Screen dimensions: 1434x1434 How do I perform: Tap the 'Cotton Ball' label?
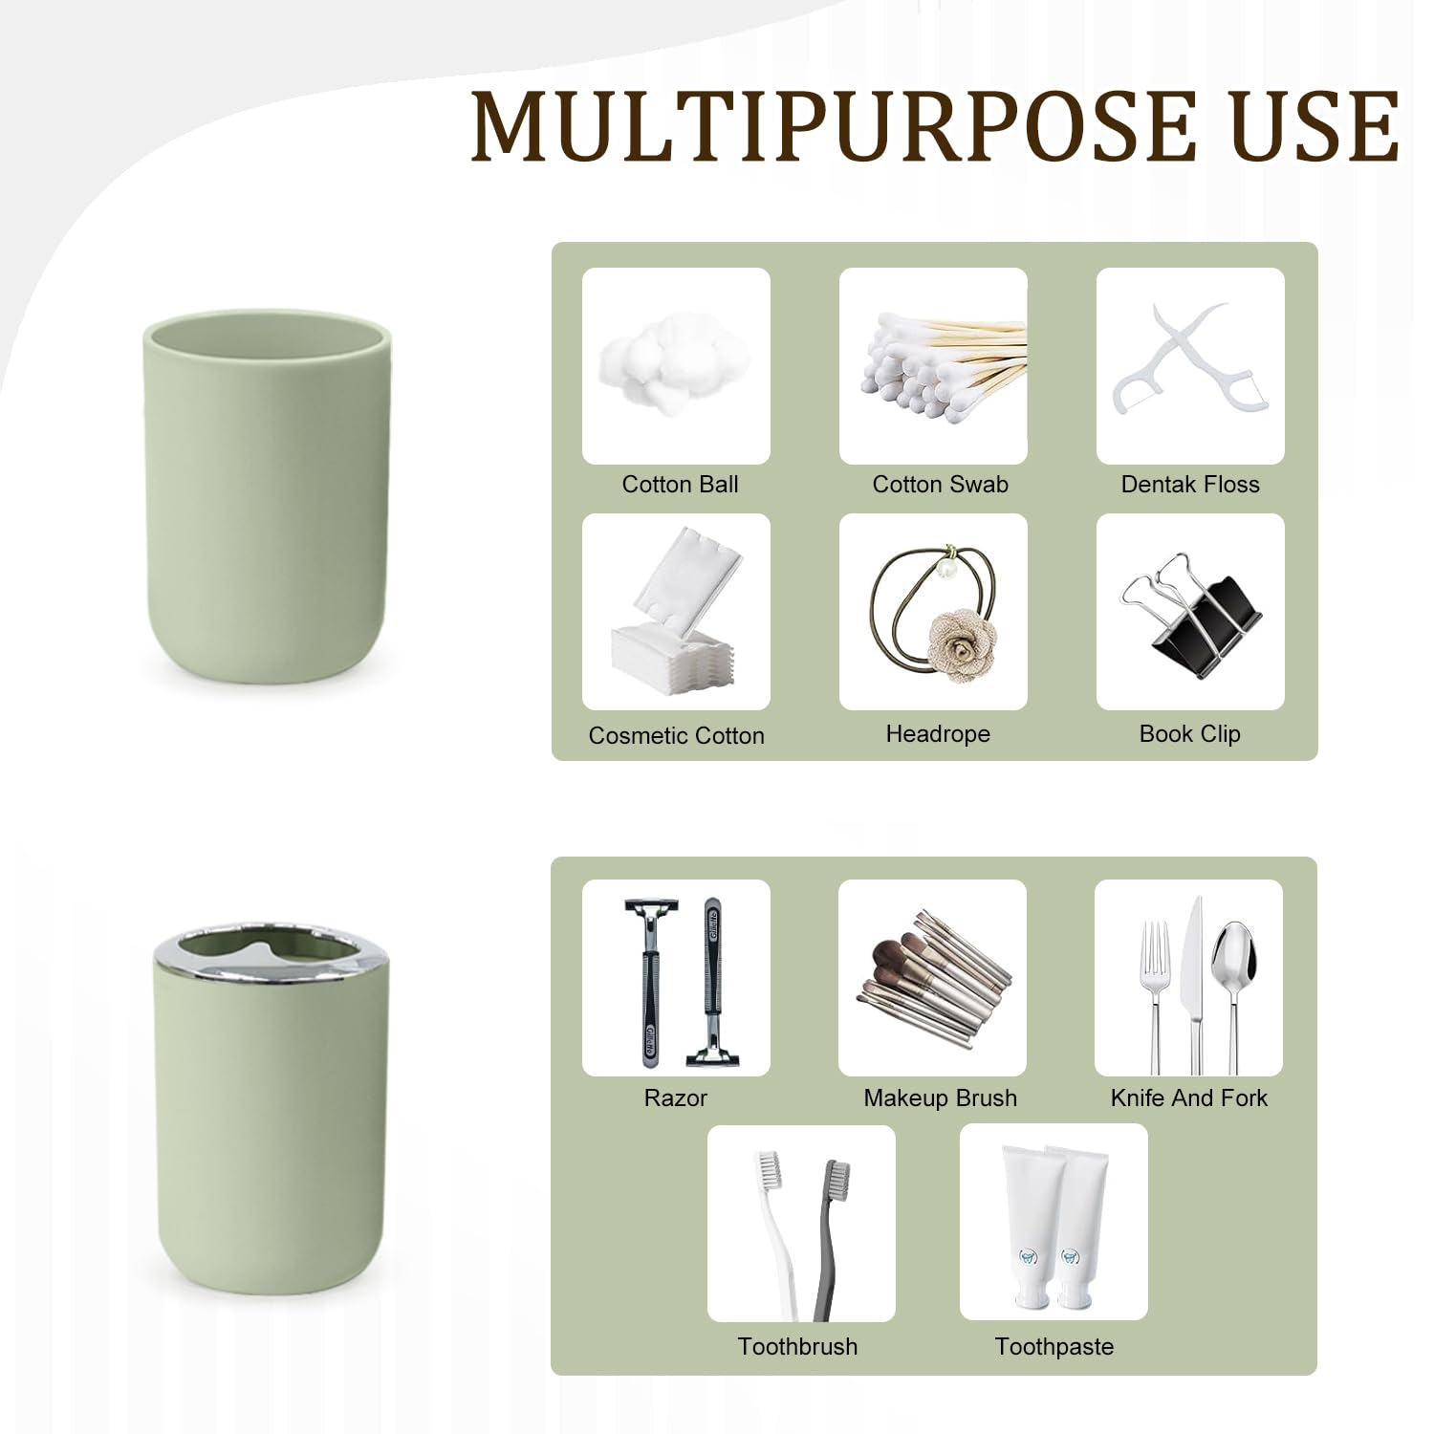(680, 485)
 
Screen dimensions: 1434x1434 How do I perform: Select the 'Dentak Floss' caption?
(1190, 485)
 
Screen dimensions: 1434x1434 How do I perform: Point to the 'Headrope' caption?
(938, 734)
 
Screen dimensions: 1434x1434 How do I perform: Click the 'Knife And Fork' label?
(1188, 1098)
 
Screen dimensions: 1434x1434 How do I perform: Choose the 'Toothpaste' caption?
(1054, 1347)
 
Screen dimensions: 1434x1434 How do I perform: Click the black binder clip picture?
(1190, 614)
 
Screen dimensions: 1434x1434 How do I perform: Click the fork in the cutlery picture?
(1156, 994)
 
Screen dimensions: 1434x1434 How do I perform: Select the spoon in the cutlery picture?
(1231, 994)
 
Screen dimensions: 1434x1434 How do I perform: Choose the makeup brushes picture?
(932, 977)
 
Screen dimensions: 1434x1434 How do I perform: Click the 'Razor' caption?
(675, 1098)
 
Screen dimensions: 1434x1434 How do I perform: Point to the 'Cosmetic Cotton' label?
(676, 736)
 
